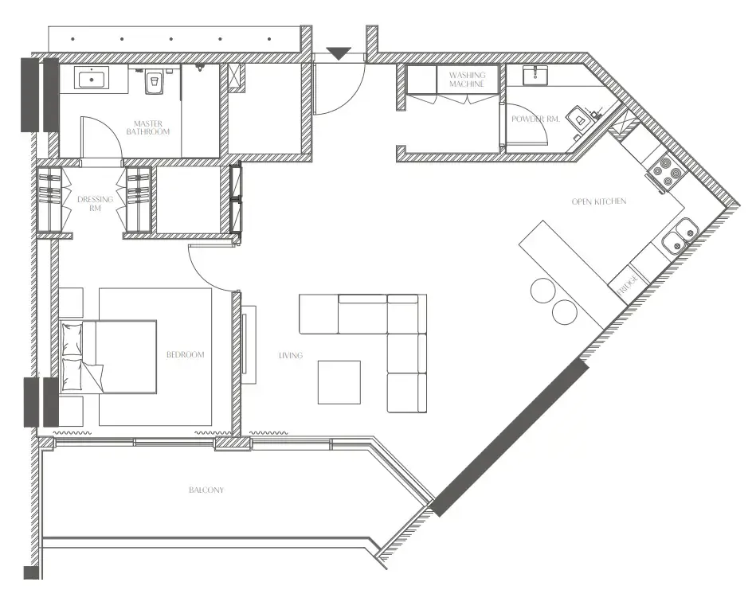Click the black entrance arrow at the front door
pyautogui.click(x=339, y=53)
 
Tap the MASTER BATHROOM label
pyautogui.click(x=148, y=127)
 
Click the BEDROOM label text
pyautogui.click(x=186, y=354)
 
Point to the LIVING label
pyautogui.click(x=290, y=355)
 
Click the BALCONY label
pyautogui.click(x=206, y=490)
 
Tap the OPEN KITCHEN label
pyautogui.click(x=598, y=201)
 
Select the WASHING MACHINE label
pyautogui.click(x=467, y=79)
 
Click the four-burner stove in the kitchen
pyautogui.click(x=665, y=174)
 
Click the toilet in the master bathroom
pyautogui.click(x=152, y=80)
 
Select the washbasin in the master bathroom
pyautogui.click(x=94, y=79)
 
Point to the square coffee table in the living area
pyautogui.click(x=339, y=382)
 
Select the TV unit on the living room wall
pyautogui.click(x=248, y=343)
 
